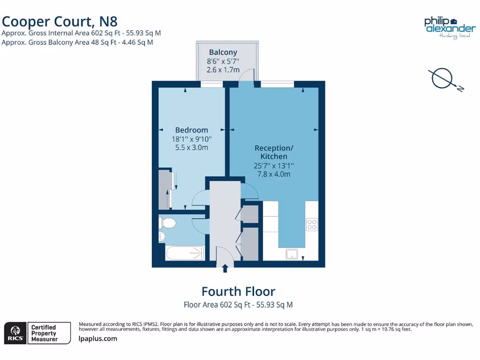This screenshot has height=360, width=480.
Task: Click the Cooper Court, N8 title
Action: tap(60, 21)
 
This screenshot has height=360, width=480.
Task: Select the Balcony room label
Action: tap(223, 52)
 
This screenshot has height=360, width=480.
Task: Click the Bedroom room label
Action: tap(191, 130)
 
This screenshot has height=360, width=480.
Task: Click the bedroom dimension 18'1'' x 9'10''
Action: tap(191, 139)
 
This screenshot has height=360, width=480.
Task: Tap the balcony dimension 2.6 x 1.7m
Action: tap(223, 70)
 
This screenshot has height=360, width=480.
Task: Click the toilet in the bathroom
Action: tap(167, 223)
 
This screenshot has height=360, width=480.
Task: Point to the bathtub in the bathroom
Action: tap(185, 254)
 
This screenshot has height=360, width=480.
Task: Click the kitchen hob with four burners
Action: tap(312, 225)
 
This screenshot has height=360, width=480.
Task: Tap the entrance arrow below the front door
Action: tap(225, 268)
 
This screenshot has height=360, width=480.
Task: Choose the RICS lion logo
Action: tap(14, 333)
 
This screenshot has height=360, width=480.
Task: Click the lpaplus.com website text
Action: tap(98, 338)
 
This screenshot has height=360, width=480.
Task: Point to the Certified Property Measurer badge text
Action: tap(44, 333)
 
